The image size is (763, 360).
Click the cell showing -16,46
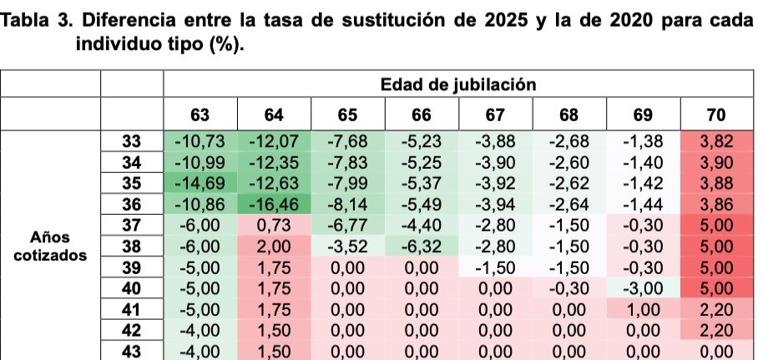[275, 204]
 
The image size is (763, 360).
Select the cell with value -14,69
[200, 183]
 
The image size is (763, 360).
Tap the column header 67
[497, 115]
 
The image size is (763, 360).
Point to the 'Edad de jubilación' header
[457, 84]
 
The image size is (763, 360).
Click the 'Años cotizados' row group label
[50, 246]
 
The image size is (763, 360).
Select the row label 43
[132, 352]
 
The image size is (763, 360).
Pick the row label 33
[132, 141]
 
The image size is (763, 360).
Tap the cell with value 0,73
[275, 226]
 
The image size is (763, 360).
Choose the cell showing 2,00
[275, 246]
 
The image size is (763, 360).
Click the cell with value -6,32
[422, 246]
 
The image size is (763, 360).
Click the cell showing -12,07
[275, 141]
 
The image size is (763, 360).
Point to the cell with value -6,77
[348, 226]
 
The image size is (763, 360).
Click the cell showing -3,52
[348, 246]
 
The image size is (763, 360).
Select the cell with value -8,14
[348, 204]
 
